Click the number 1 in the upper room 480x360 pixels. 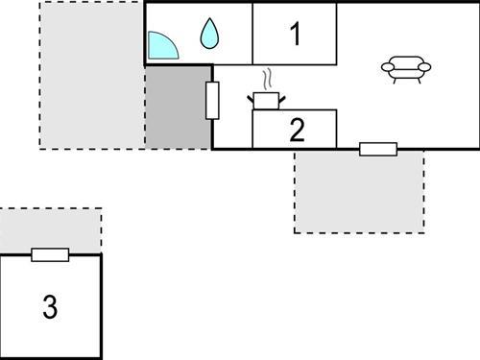[296, 35]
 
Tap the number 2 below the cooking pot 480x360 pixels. [297, 130]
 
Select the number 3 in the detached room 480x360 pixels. [50, 307]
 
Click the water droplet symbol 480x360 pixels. [209, 35]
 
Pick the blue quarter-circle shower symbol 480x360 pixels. [163, 45]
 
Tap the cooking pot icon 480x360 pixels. [266, 99]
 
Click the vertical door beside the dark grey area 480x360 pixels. [212, 101]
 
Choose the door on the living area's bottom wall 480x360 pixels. [377, 149]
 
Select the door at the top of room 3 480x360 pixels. [50, 254]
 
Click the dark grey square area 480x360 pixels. [179, 108]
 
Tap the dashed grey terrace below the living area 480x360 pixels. [359, 192]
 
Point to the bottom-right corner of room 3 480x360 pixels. [101, 357]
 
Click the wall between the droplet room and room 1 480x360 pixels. [253, 34]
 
